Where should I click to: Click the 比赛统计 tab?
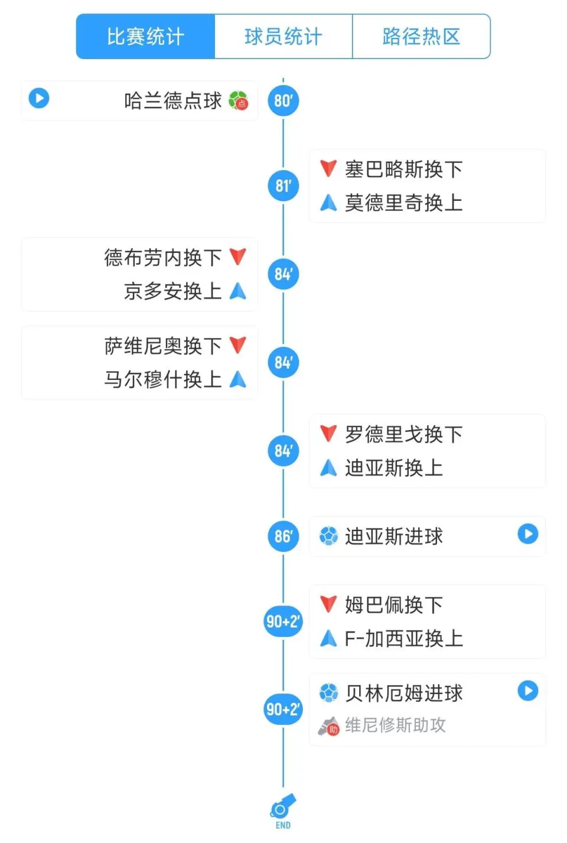146,37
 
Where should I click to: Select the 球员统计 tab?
283,37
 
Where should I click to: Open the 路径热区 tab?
421,37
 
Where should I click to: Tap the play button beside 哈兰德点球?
39,98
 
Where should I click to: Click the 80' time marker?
283,101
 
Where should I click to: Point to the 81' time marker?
283,186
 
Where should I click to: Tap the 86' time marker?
283,536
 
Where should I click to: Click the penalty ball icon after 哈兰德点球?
239,100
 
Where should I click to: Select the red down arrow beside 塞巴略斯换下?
328,168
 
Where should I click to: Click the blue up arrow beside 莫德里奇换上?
328,203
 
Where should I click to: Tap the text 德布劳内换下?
163,258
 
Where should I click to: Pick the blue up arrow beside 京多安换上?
238,291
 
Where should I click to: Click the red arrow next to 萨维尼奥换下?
238,346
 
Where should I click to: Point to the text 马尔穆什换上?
163,379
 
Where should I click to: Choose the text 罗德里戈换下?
404,434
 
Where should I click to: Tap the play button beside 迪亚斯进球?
528,533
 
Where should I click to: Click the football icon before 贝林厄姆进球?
329,693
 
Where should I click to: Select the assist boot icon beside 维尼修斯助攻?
329,727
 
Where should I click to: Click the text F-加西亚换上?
404,639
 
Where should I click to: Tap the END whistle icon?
283,806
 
